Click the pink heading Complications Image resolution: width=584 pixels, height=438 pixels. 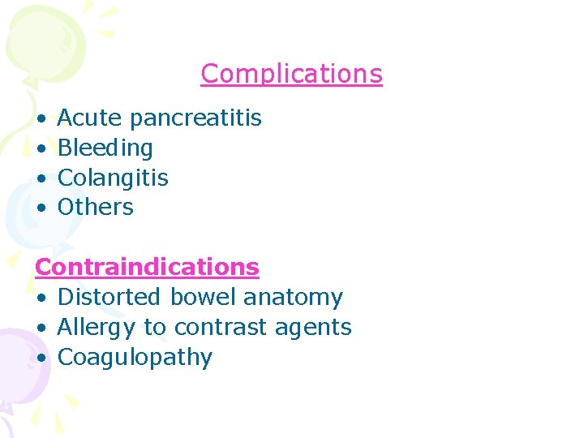(x=291, y=74)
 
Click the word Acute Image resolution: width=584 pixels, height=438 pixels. (x=89, y=118)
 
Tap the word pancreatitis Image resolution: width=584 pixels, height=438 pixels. (x=195, y=118)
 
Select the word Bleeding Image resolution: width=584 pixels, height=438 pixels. (x=105, y=148)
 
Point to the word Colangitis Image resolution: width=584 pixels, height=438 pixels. (x=113, y=178)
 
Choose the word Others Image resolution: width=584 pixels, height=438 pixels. (x=96, y=208)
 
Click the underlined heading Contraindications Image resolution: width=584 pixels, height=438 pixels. (x=147, y=267)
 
